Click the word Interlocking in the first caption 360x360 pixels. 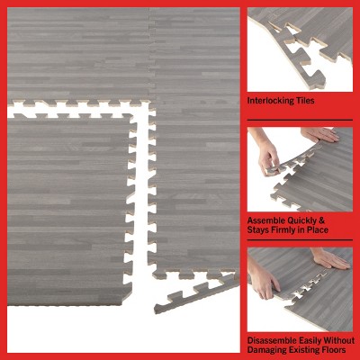pos(272,101)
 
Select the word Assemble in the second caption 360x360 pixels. pos(268,219)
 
